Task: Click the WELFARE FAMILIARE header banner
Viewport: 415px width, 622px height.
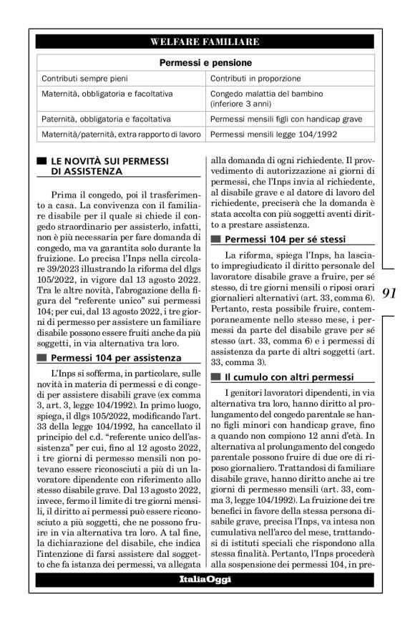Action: [x=205, y=42]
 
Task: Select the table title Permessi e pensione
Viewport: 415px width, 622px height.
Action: [x=205, y=62]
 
